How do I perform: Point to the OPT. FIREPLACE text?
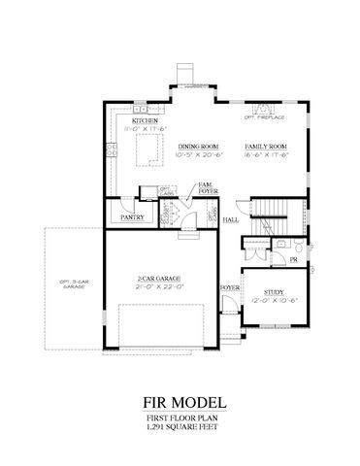tap(263, 119)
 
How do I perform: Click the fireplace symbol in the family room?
tap(263, 107)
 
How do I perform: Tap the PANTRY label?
tap(133, 217)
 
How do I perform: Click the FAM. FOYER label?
tap(207, 188)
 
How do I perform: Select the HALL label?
tap(231, 220)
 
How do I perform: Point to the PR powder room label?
tap(293, 260)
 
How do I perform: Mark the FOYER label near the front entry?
tap(229, 288)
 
